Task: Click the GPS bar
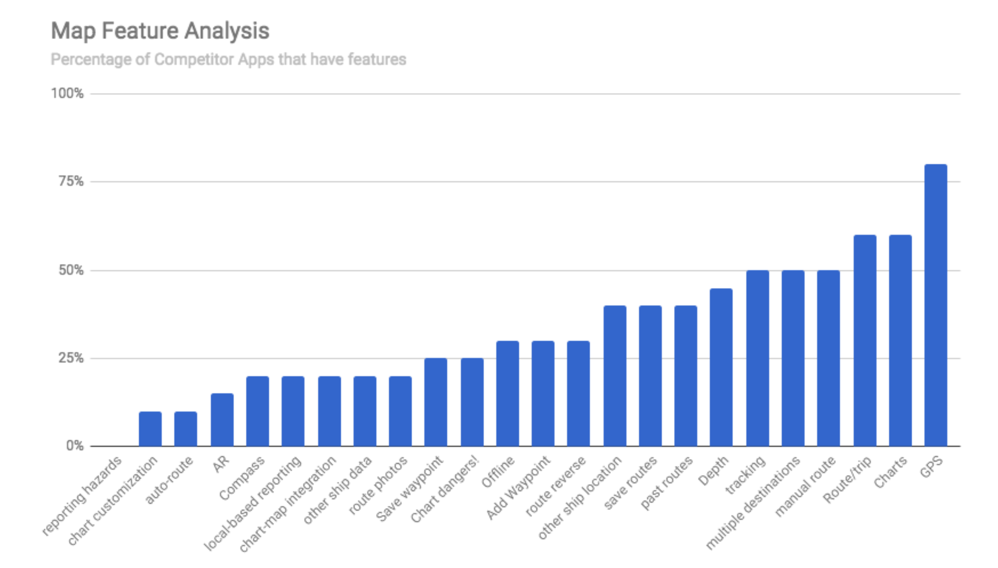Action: tap(935, 305)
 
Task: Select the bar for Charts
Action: tap(900, 340)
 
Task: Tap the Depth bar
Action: tap(721, 367)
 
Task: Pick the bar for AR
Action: tap(222, 420)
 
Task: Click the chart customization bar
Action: tap(150, 429)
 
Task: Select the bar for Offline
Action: tap(508, 393)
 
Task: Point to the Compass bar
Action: tap(257, 411)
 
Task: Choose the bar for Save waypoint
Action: tap(435, 402)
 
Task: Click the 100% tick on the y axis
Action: tap(67, 93)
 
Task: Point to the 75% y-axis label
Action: tap(71, 181)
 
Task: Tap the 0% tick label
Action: tap(75, 446)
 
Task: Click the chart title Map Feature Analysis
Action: tap(160, 31)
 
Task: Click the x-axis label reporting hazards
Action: tap(82, 496)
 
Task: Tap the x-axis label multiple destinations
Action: tap(753, 503)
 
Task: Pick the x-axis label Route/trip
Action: tap(847, 480)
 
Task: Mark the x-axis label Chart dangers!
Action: tap(445, 489)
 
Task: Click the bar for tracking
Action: tap(758, 358)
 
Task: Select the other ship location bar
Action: tap(615, 376)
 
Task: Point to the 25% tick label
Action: tap(71, 358)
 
